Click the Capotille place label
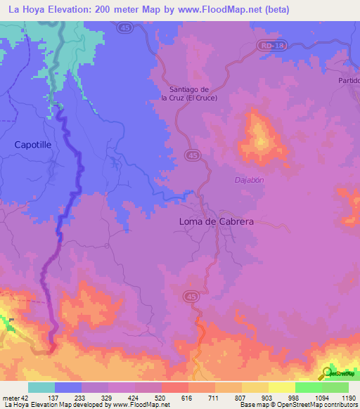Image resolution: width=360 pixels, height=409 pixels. pyautogui.click(x=32, y=144)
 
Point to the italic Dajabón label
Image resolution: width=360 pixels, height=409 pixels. pyautogui.click(x=249, y=180)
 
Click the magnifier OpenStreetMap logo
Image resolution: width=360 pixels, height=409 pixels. pyautogui.click(x=328, y=372)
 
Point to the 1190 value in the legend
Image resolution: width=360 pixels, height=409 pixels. pyautogui.click(x=347, y=398)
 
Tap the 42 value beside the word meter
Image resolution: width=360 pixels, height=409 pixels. pyautogui.click(x=25, y=398)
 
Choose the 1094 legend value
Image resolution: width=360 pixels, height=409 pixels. pyautogui.click(x=321, y=398)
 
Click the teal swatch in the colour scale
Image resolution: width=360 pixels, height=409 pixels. pyautogui.click(x=41, y=387)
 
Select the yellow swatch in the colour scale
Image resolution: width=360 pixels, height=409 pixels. pyautogui.click(x=282, y=387)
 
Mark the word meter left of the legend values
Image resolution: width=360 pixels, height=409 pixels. pyautogui.click(x=11, y=398)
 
